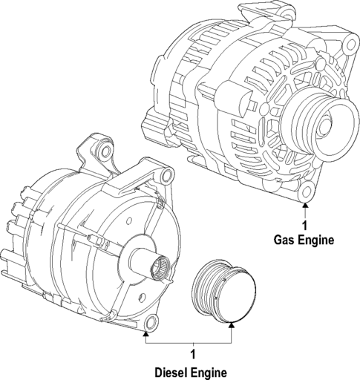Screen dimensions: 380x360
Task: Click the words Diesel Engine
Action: pos(192,372)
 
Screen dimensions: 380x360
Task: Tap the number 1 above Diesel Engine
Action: pos(192,355)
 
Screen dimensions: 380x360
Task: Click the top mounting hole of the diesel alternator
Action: pos(105,154)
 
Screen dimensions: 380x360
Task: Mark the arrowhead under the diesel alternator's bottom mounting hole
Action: pos(148,335)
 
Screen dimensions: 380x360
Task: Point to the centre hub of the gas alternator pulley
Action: pos(325,124)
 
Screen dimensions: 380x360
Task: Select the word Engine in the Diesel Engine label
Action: pos(209,372)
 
